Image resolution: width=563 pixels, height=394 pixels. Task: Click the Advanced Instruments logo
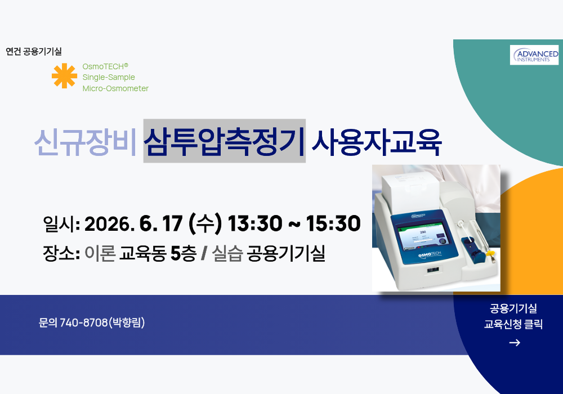[x=534, y=55]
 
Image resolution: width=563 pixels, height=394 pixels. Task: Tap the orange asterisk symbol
[x=64, y=76]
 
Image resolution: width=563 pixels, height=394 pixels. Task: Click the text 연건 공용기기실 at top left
[x=34, y=51]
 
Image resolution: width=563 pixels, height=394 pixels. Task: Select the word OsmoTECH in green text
[x=103, y=66]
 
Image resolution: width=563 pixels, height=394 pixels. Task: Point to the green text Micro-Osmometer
[x=115, y=88]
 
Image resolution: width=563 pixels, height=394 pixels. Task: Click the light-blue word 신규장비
[x=86, y=142]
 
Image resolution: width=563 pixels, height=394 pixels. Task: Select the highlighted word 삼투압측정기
[x=225, y=141]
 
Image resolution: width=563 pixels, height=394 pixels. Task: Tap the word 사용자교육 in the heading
[x=376, y=142]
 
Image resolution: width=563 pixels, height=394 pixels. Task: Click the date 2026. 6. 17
[x=133, y=223]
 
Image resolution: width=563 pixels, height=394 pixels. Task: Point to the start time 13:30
[x=255, y=223]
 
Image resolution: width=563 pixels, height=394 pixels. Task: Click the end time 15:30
[x=333, y=223]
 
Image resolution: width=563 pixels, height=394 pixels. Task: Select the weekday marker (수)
[x=205, y=223]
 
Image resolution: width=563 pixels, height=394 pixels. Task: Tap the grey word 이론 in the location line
[x=100, y=254]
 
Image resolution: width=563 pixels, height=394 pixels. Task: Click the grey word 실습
[x=227, y=254]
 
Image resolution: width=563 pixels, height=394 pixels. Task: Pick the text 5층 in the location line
[x=183, y=254]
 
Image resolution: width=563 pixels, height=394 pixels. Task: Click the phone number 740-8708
[x=84, y=323]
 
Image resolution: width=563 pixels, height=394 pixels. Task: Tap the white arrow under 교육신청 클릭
[x=515, y=343]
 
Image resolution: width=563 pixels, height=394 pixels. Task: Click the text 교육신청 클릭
[x=513, y=324]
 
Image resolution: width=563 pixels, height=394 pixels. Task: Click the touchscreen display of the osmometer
[x=423, y=236]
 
